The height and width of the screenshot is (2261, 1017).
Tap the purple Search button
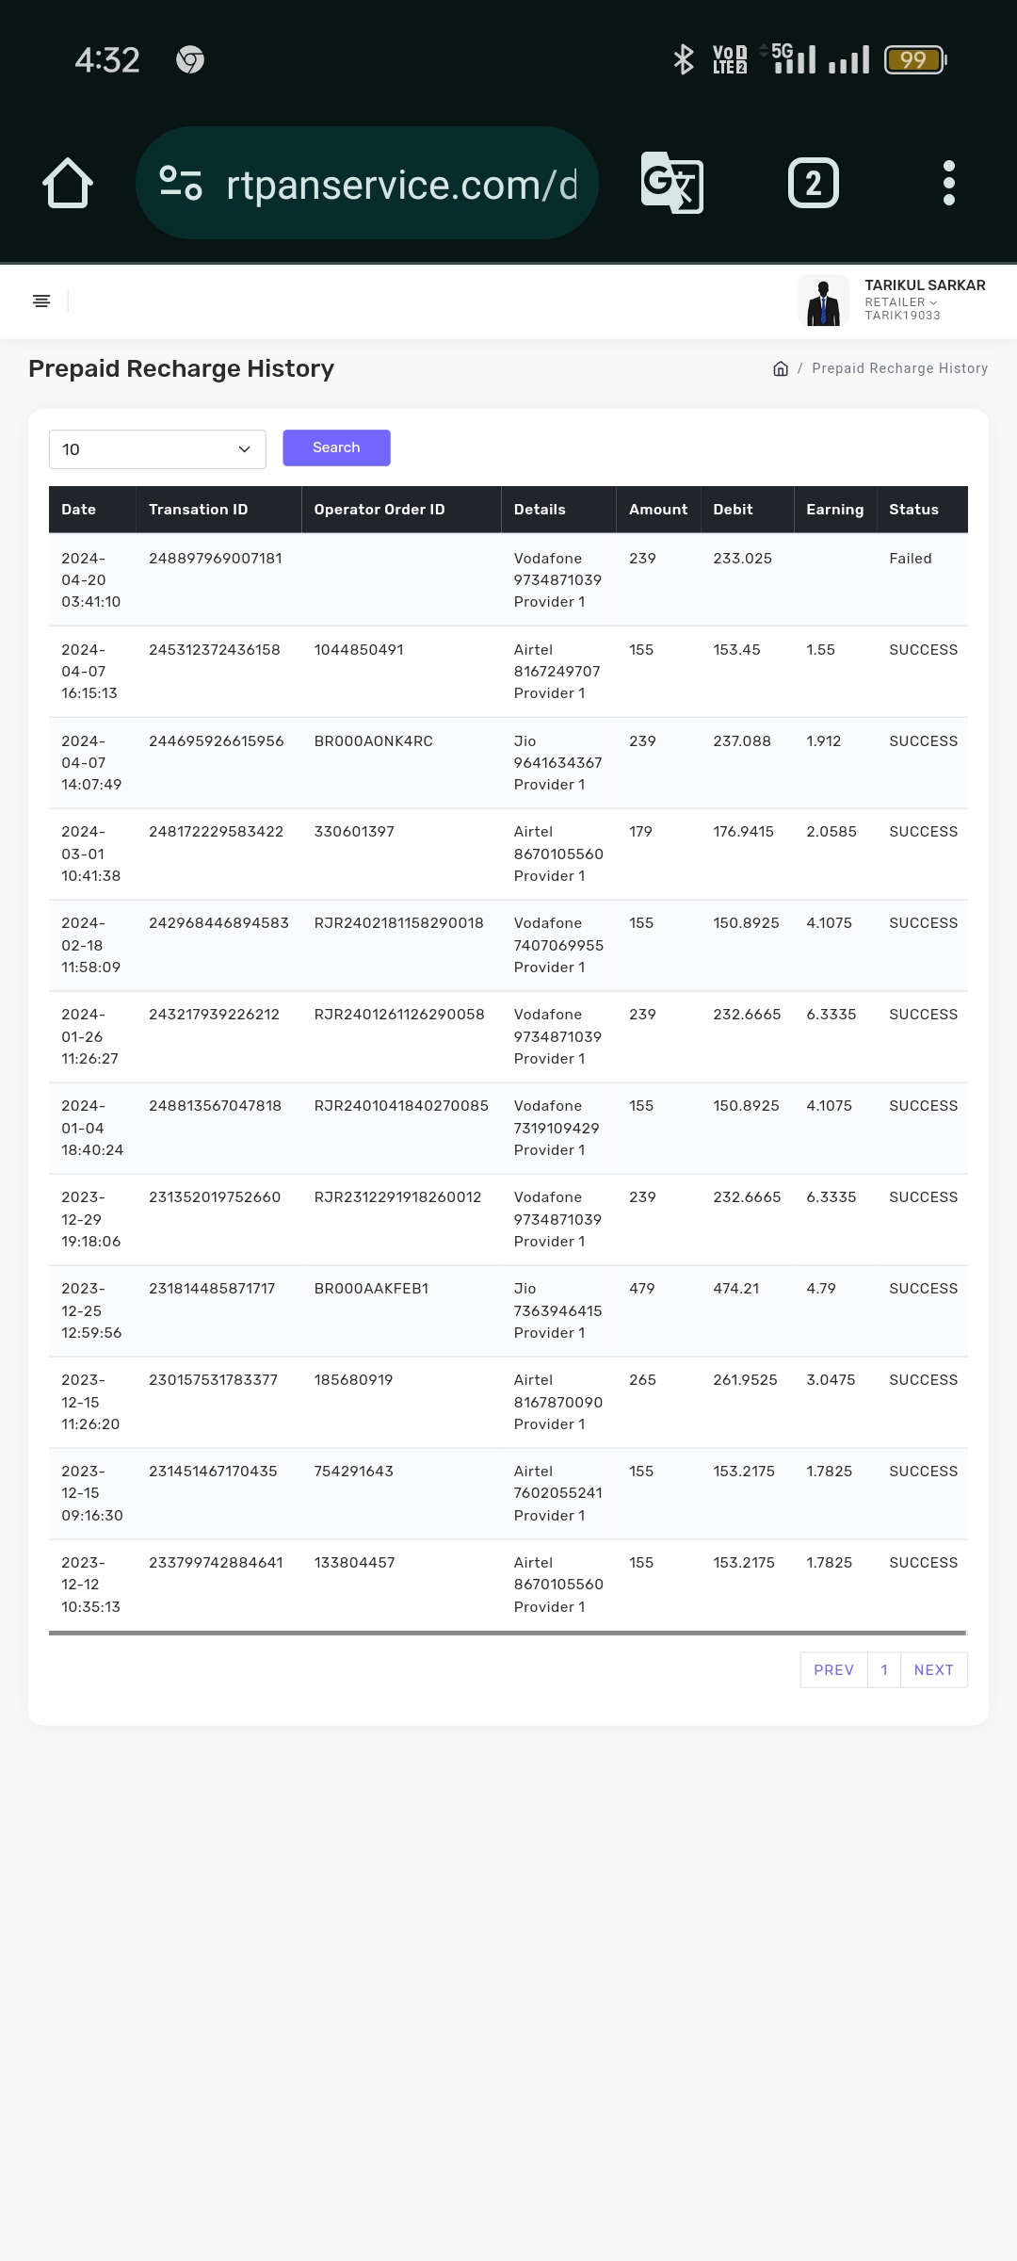pos(336,447)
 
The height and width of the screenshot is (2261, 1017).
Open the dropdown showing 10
pos(157,449)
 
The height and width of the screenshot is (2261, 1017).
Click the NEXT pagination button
pos(933,1669)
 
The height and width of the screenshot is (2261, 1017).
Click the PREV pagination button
pos(833,1669)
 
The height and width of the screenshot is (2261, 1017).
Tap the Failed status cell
pos(910,559)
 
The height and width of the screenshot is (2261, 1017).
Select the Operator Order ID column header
pos(379,510)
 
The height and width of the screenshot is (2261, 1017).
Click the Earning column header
pos(834,510)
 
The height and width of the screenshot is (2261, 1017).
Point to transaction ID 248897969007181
pos(216,559)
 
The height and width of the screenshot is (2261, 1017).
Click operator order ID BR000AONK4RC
pos(374,741)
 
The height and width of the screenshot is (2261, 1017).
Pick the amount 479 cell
pos(642,1289)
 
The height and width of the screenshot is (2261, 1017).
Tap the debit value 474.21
pos(735,1289)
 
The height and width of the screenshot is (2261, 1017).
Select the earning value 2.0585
pos(831,832)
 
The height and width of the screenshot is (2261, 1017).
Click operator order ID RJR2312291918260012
pos(397,1197)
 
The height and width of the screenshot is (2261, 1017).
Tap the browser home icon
pos(68,183)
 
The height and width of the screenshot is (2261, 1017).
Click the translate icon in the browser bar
pos(671,183)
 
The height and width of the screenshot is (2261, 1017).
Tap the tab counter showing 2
pos(813,183)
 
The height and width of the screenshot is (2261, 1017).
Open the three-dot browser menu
pos(948,183)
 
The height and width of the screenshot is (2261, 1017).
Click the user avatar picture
pos(823,301)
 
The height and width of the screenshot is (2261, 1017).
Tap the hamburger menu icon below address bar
pos(41,301)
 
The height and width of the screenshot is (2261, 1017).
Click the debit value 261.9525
pos(745,1380)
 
